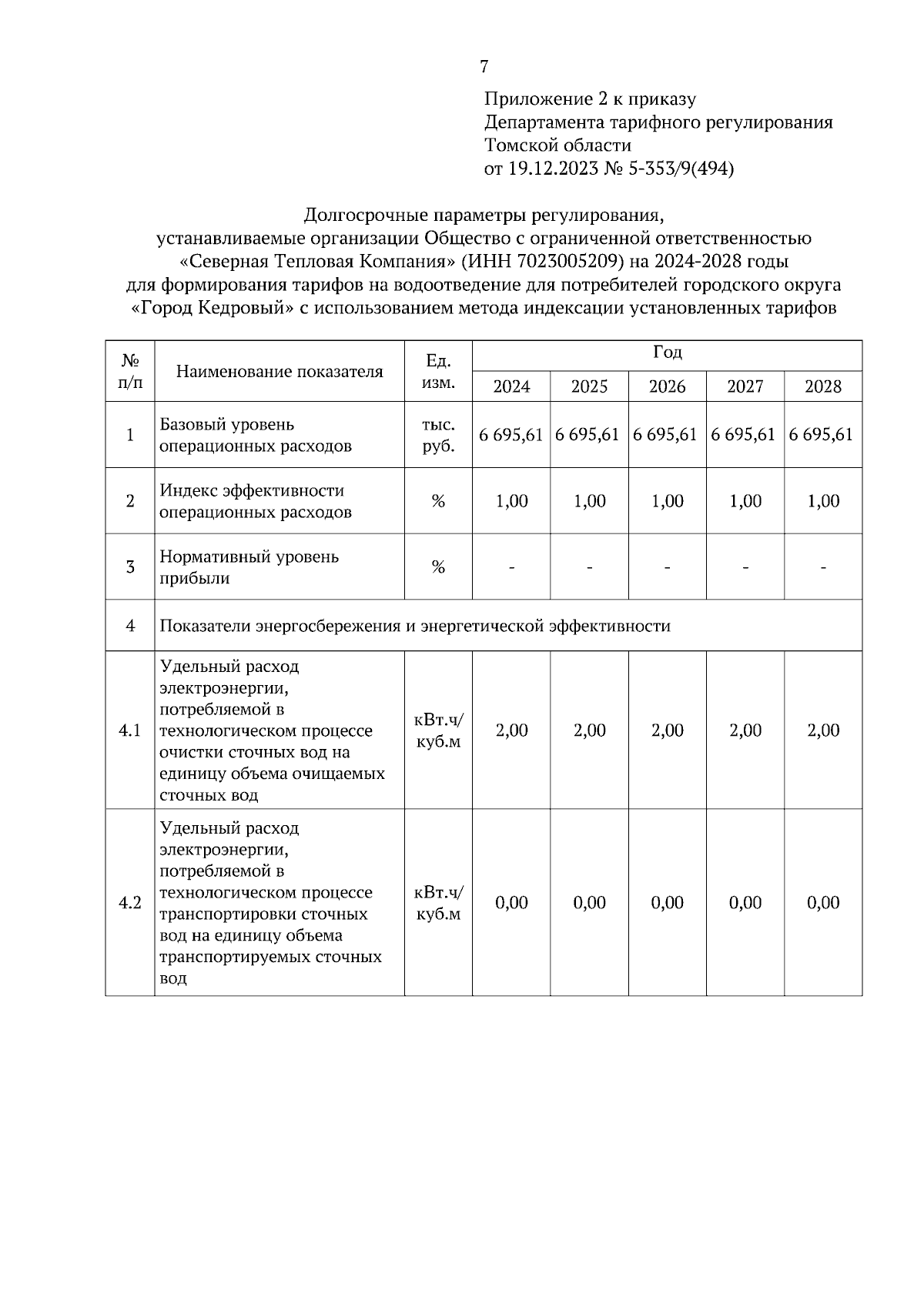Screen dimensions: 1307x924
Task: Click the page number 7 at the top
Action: [x=484, y=67]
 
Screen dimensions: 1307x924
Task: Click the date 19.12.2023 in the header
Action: [x=552, y=169]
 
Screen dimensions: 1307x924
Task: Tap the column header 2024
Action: [x=511, y=386]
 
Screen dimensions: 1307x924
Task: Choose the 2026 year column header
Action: [x=667, y=386]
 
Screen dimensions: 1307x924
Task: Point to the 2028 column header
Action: [x=823, y=386]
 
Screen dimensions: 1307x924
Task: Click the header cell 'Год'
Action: [x=667, y=353]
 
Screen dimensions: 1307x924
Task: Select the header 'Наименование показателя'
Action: [x=280, y=372]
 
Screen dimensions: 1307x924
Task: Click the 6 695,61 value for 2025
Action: [x=588, y=435]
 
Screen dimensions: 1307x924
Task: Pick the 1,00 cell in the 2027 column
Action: [x=745, y=501]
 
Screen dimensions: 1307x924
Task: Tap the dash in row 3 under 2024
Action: [x=511, y=568]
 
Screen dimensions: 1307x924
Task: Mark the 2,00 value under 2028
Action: [x=823, y=730]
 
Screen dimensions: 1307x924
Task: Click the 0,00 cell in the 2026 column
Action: [x=667, y=903]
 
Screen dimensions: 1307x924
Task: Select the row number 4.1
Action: [x=130, y=730]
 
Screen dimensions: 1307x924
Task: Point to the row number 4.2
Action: [x=130, y=903]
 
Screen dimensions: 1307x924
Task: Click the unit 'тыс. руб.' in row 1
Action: [x=438, y=435]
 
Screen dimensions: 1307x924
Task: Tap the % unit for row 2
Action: [x=438, y=501]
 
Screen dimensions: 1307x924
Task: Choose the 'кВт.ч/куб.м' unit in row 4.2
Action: [x=438, y=903]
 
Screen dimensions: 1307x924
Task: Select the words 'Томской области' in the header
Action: [x=557, y=145]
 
